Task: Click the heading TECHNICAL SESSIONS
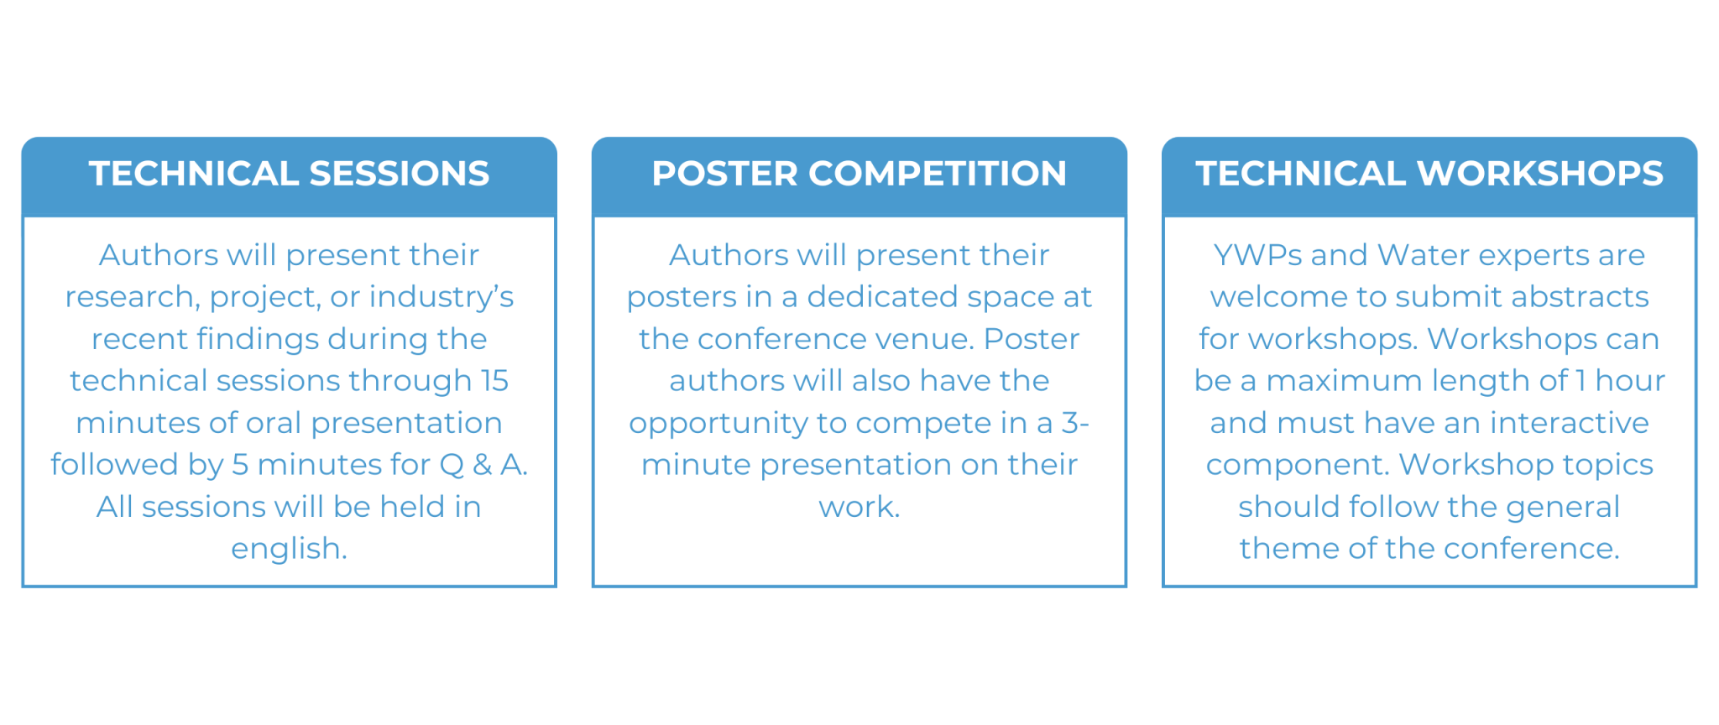pyautogui.click(x=289, y=174)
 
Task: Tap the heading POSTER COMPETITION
pyautogui.click(x=859, y=174)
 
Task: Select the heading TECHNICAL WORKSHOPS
pyautogui.click(x=1429, y=174)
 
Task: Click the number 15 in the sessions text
pyautogui.click(x=494, y=381)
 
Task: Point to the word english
pyautogui.click(x=289, y=549)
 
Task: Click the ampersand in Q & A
pyautogui.click(x=482, y=465)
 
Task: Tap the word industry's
pyautogui.click(x=442, y=297)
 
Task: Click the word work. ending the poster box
pyautogui.click(x=859, y=507)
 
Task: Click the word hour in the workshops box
pyautogui.click(x=1629, y=381)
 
